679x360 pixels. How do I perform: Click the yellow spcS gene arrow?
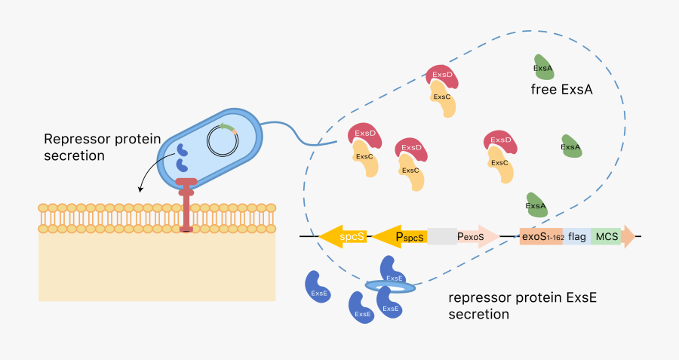[x=343, y=236]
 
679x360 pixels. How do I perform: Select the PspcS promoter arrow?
[x=401, y=236]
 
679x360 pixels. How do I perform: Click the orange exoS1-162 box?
[x=541, y=236]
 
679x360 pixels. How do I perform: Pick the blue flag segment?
[x=576, y=236]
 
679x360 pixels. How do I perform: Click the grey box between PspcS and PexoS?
[x=442, y=236]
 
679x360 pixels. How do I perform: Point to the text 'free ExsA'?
[x=562, y=90]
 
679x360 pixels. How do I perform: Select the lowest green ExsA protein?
[x=536, y=205]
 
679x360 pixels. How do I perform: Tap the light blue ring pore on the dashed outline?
[x=389, y=287]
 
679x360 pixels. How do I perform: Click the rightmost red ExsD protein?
[x=500, y=141]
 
